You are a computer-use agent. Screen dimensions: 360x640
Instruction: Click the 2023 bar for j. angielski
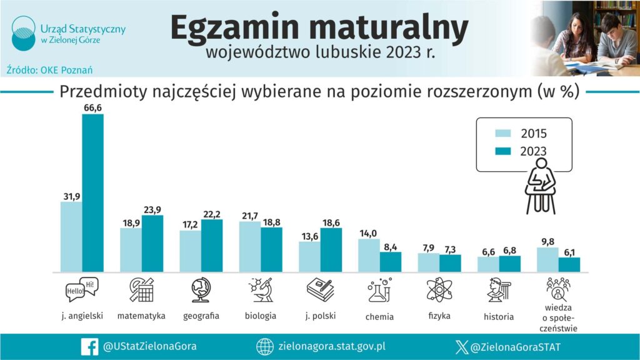coord(92,193)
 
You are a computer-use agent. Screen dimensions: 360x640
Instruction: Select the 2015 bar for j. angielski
coord(71,237)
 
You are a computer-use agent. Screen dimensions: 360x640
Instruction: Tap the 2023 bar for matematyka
coord(152,244)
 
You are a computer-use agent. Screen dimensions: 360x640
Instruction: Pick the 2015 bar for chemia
coord(369,256)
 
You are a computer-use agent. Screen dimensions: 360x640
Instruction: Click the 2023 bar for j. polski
coord(331,250)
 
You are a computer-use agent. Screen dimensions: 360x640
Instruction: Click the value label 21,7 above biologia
coord(250,216)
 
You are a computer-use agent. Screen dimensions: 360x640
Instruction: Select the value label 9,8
coord(547,242)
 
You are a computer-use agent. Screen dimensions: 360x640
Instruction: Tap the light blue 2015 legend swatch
coord(504,133)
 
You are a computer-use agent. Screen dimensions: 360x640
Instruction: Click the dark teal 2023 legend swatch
coord(504,151)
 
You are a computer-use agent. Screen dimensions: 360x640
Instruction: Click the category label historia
coord(499,316)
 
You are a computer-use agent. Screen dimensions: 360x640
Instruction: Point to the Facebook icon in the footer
coord(89,346)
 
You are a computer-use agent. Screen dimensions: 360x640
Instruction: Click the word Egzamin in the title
coord(237,29)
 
